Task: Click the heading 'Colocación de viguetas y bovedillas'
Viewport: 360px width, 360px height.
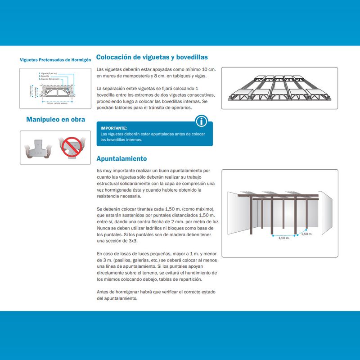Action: click(152, 58)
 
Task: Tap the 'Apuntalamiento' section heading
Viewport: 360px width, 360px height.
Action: click(121, 159)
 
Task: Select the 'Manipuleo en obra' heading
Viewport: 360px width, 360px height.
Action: click(56, 120)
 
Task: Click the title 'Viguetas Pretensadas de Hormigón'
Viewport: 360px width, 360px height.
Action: click(56, 59)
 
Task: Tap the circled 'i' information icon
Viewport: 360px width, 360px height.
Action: click(202, 121)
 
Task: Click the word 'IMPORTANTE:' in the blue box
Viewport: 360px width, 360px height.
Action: click(114, 128)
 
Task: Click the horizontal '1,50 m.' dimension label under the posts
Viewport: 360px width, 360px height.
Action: click(284, 238)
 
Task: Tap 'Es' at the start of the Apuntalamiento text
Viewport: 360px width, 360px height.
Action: click(99, 171)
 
